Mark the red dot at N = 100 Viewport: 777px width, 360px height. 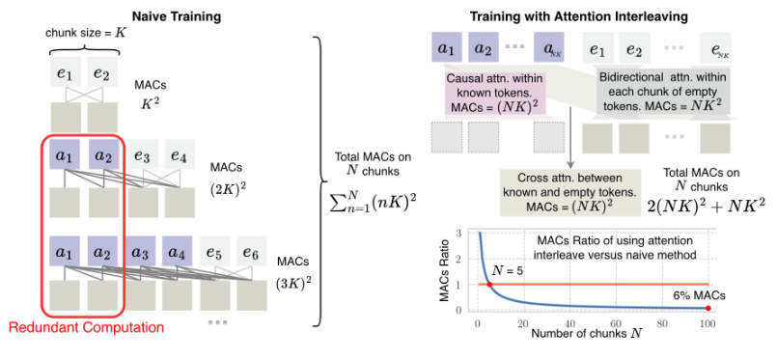[x=708, y=308]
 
